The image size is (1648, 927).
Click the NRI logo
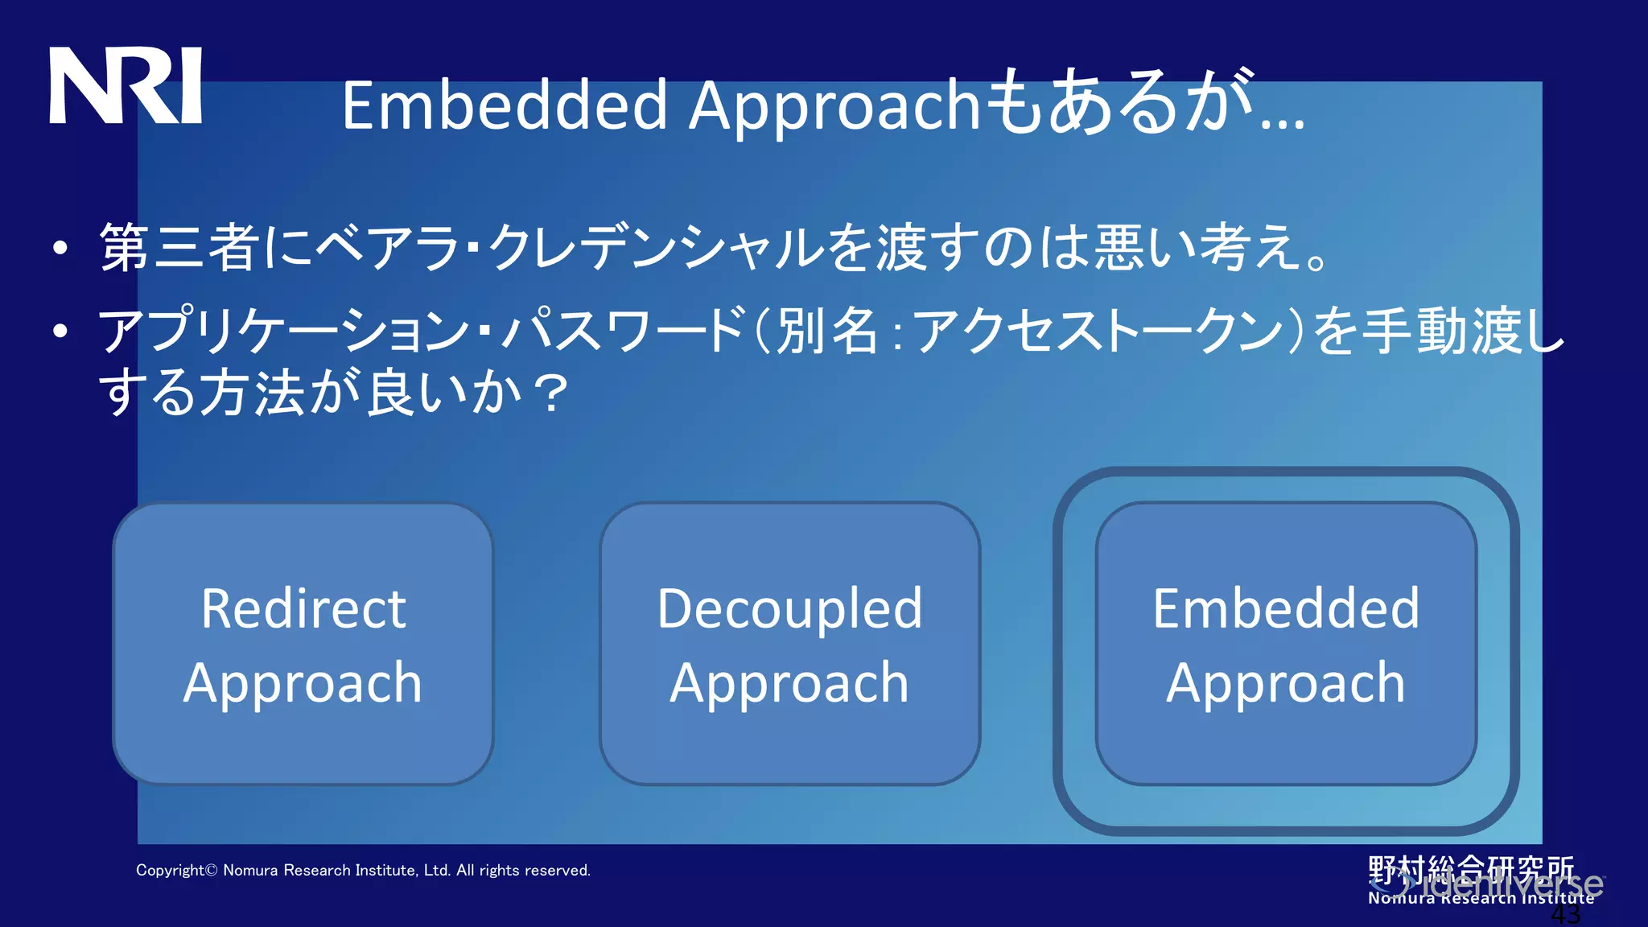pyautogui.click(x=126, y=85)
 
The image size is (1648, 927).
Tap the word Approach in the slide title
pyautogui.click(x=833, y=107)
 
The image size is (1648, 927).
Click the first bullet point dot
pyautogui.click(x=60, y=249)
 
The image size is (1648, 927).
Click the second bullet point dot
pyautogui.click(x=60, y=331)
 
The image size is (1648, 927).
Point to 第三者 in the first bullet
pyautogui.click(x=179, y=247)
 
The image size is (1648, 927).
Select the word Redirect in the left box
pyautogui.click(x=303, y=609)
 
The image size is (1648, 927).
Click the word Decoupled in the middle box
pyautogui.click(x=789, y=609)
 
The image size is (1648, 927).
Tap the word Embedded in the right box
pyautogui.click(x=1286, y=609)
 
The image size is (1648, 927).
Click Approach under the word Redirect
pyautogui.click(x=303, y=684)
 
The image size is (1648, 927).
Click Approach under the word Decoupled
pyautogui.click(x=789, y=684)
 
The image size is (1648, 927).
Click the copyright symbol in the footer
pyautogui.click(x=212, y=871)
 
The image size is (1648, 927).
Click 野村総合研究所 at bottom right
pyautogui.click(x=1471, y=869)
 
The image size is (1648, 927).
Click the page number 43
pyautogui.click(x=1566, y=916)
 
